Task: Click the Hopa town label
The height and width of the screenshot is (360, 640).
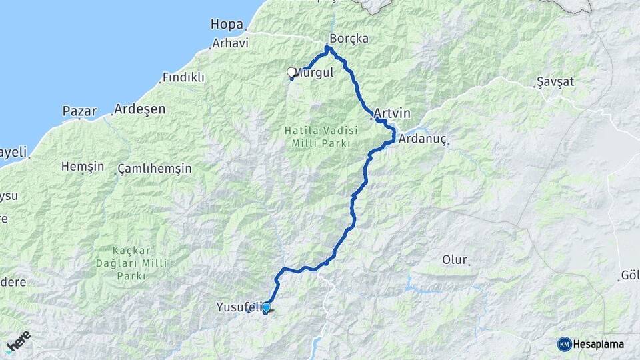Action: tap(227, 24)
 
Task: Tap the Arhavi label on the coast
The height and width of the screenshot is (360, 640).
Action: tap(230, 43)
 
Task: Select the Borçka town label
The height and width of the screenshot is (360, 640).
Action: tap(349, 39)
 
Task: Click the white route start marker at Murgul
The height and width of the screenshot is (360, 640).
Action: tap(291, 71)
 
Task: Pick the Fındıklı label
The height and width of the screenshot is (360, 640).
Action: tap(183, 77)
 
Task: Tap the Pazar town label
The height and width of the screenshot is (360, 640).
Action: tap(79, 111)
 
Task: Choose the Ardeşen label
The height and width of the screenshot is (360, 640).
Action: tap(139, 109)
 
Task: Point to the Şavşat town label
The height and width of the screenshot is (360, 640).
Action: tap(555, 82)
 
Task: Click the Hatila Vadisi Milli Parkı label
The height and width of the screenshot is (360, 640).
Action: tap(322, 137)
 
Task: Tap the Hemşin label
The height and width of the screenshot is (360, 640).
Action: tap(82, 166)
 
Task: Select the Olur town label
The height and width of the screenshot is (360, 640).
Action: tap(455, 259)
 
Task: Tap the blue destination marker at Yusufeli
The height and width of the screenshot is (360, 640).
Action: tap(266, 308)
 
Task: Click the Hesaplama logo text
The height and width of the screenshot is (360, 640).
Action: tap(599, 344)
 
